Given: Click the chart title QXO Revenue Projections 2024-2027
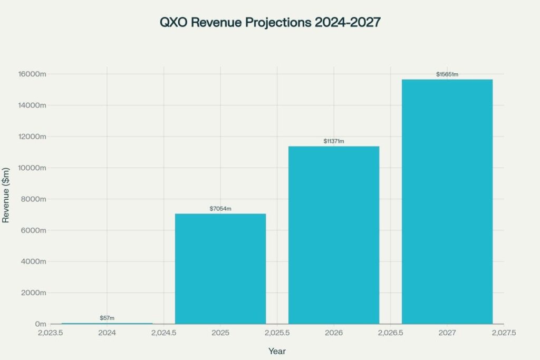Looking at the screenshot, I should (269, 24).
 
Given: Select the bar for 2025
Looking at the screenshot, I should (220, 269).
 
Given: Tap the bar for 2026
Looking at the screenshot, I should (334, 235).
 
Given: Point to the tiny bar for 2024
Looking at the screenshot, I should (107, 323).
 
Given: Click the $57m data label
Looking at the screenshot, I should (107, 318).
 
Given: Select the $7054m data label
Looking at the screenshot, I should (220, 209).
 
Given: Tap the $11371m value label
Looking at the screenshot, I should (334, 141).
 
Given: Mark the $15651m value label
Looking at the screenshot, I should (447, 74).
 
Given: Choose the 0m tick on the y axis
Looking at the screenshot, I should (41, 324).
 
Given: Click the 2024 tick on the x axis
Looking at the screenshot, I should (107, 333).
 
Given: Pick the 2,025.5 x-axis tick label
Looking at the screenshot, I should (277, 333).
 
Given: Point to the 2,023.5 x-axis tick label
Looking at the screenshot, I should (51, 333).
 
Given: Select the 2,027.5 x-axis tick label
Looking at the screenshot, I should (504, 333).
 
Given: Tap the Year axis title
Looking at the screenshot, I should (277, 351).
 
